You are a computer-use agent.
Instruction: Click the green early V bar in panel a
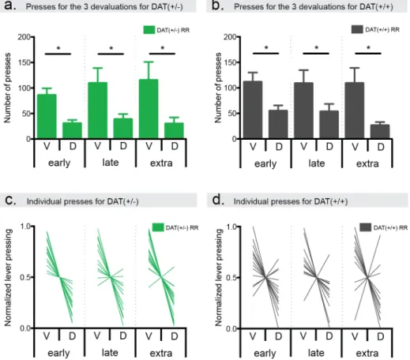pos(47,116)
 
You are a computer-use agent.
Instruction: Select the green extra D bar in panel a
pos(174,130)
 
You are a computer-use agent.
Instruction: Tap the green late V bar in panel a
pos(97,111)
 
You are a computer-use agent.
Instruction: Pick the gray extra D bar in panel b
pos(380,132)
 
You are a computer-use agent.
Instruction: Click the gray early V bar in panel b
pos(253,110)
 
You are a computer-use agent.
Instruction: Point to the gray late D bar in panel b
pos(329,125)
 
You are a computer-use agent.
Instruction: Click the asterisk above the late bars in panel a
pos(111,48)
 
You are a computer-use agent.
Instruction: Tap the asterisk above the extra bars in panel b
pos(368,48)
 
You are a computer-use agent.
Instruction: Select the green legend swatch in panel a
pos(149,30)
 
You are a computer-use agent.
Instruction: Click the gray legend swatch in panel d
pos(366,227)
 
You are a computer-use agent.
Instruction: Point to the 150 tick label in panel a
pos(24,62)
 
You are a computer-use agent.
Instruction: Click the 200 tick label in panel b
pos(230,37)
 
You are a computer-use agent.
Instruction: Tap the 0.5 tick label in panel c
pos(25,277)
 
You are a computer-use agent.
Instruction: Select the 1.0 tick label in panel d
pos(231,227)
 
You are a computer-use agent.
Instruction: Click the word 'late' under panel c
pos(110,352)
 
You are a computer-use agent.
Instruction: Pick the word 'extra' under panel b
pos(367,163)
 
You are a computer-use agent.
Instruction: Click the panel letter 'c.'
pos(10,201)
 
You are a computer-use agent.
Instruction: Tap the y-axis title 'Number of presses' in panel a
pos(7,88)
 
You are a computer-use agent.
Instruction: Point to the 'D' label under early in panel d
pos(278,336)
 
